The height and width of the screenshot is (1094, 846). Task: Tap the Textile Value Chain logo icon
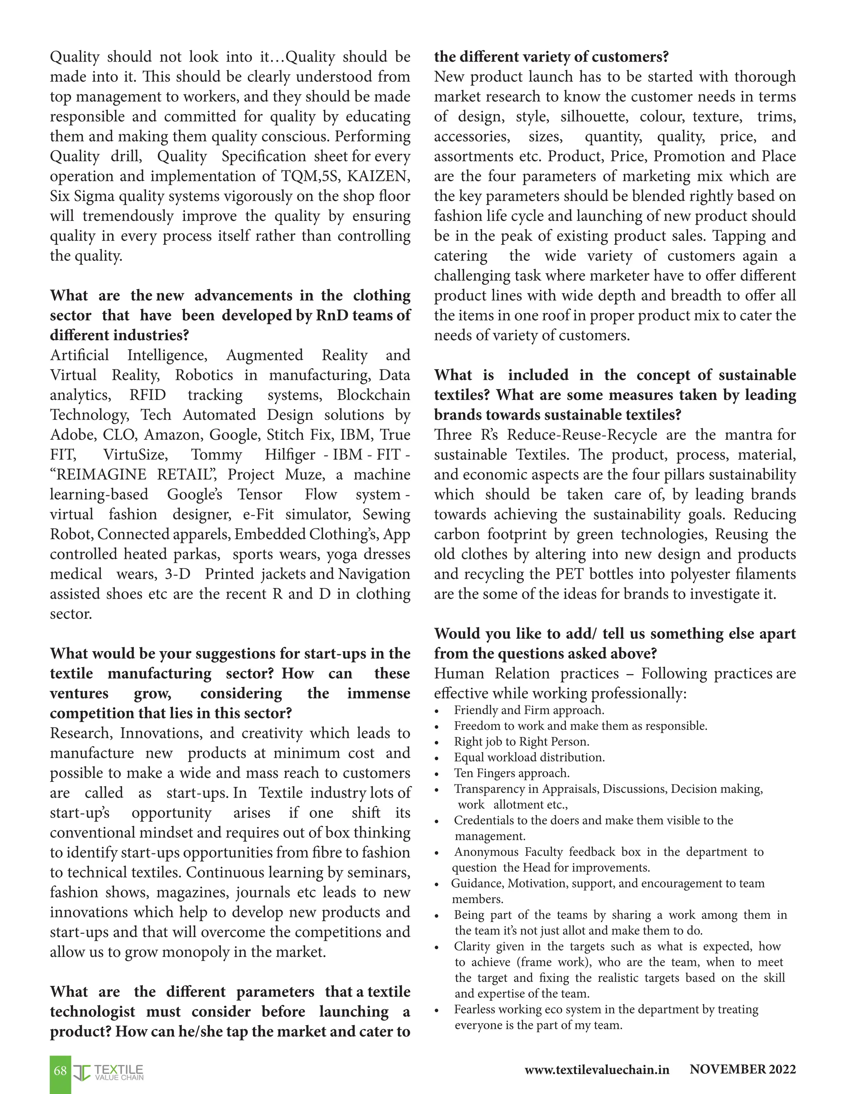(82, 1073)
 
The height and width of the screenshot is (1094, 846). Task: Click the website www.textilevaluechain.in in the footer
(596, 1070)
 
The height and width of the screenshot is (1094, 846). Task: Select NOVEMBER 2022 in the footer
(742, 1070)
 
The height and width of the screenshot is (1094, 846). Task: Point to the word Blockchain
(373, 395)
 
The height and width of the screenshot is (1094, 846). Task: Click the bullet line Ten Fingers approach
(511, 773)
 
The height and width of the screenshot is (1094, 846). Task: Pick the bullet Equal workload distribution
(529, 758)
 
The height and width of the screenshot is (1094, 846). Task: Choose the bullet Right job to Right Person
(521, 742)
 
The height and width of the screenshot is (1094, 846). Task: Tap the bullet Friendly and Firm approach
(529, 710)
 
